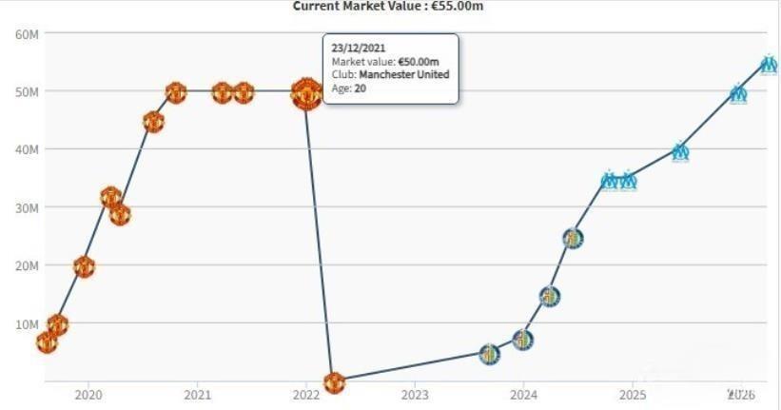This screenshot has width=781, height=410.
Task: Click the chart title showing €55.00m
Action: pyautogui.click(x=389, y=6)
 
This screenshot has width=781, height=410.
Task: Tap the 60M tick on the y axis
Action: pyautogui.click(x=26, y=34)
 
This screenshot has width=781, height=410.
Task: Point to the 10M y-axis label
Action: pyautogui.click(x=26, y=323)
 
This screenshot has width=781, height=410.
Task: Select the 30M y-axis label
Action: pyautogui.click(x=26, y=207)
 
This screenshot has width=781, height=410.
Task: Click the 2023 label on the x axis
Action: pyautogui.click(x=415, y=394)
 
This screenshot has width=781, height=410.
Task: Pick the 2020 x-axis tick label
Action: pyautogui.click(x=88, y=394)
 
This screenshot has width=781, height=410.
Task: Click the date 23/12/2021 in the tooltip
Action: pyautogui.click(x=358, y=47)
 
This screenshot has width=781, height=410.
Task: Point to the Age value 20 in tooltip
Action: pyautogui.click(x=361, y=88)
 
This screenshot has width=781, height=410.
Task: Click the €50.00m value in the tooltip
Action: pyautogui.click(x=420, y=61)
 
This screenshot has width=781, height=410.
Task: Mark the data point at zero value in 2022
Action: pyautogui.click(x=333, y=382)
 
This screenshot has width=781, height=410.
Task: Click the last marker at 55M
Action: pyautogui.click(x=769, y=65)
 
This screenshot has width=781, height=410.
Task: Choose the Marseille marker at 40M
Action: pyautogui.click(x=680, y=151)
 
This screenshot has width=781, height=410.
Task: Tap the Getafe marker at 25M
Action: pyautogui.click(x=572, y=238)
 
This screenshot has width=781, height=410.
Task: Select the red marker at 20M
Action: pyautogui.click(x=84, y=267)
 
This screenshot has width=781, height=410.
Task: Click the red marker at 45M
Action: pyautogui.click(x=153, y=122)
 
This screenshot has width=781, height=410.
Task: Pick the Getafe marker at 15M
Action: pyautogui.click(x=550, y=296)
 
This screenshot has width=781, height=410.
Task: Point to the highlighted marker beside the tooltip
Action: pyautogui.click(x=305, y=94)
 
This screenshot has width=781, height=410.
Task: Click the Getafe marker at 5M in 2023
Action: pyautogui.click(x=489, y=354)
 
